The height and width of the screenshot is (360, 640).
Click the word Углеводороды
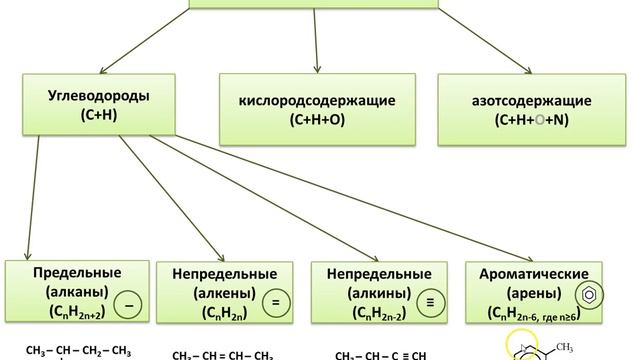(x=84, y=98)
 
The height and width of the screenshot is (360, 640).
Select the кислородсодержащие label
(x=317, y=101)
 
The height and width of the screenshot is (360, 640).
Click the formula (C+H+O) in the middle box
(x=317, y=120)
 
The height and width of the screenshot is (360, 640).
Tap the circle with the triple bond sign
(x=428, y=299)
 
